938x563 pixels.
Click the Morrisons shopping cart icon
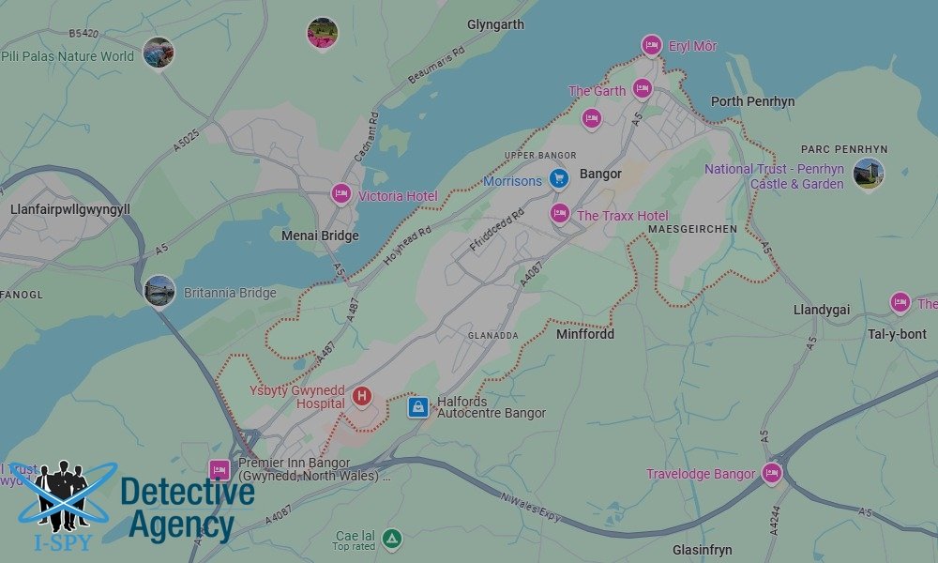coord(559,178)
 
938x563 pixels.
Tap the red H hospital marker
coord(362,397)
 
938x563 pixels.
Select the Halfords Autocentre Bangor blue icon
coord(418,406)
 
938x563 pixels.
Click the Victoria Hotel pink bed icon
coord(341,194)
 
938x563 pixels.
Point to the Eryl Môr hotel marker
coord(651,45)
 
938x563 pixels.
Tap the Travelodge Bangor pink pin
coord(772,473)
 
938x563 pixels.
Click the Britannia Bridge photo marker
coord(159,291)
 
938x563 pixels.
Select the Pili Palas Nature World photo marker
coord(159,52)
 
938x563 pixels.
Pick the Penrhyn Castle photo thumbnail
coord(869,174)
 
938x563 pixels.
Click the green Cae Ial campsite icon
coord(392,540)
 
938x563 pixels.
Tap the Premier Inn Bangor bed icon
coord(219,469)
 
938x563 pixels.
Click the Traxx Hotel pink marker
coord(560,214)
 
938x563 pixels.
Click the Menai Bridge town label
coord(320,236)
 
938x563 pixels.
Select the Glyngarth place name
coord(495,24)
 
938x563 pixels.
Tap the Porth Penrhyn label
coord(752,101)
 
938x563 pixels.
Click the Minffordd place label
coord(585,333)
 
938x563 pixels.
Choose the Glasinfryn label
coord(702,550)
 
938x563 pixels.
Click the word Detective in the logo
coord(187,492)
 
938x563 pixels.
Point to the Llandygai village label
coord(822,310)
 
